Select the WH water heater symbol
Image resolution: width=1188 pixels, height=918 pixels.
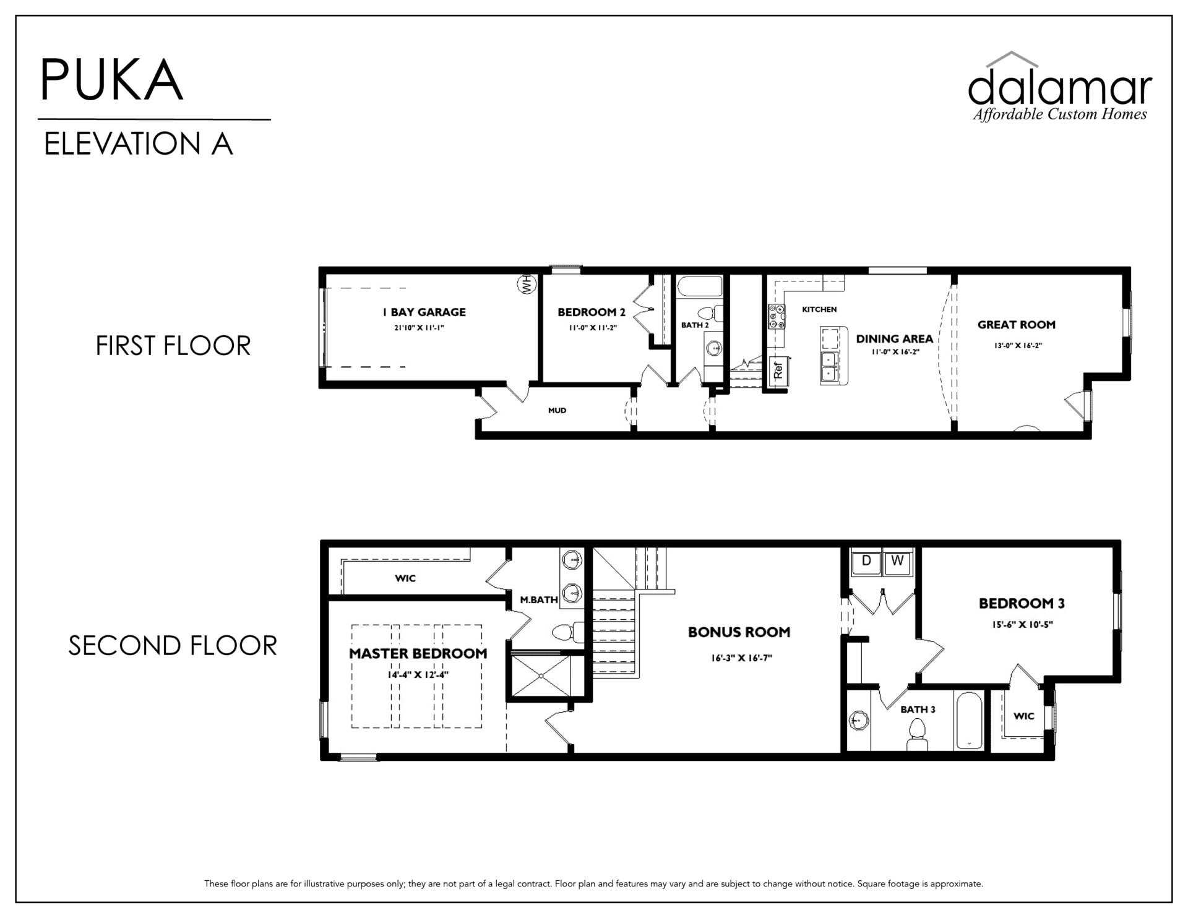pyautogui.click(x=527, y=285)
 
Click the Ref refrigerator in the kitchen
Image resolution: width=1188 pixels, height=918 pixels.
pyautogui.click(x=778, y=371)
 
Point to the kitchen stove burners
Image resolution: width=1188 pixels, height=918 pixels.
pyautogui.click(x=777, y=317)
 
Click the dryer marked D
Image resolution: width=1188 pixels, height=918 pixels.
pyautogui.click(x=866, y=561)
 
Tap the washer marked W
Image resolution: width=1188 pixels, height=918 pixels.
pyautogui.click(x=897, y=561)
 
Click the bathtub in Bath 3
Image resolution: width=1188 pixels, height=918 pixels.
pyautogui.click(x=969, y=721)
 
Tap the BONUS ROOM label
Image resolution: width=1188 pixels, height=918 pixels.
pyautogui.click(x=739, y=632)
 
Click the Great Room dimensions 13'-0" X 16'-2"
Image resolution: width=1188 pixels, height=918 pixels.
pyautogui.click(x=1018, y=346)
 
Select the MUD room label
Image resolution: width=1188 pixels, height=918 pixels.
pyautogui.click(x=557, y=410)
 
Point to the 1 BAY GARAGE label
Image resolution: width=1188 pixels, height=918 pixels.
pyautogui.click(x=424, y=312)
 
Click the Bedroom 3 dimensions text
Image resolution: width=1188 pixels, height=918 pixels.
pyautogui.click(x=1022, y=625)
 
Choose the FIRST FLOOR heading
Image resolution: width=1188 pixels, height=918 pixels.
pyautogui.click(x=173, y=346)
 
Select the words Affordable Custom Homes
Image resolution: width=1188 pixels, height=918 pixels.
pyautogui.click(x=1060, y=114)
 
